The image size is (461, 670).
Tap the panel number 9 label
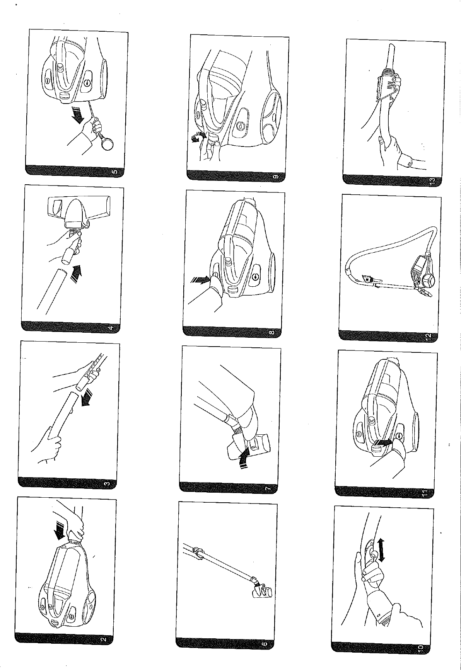pos(275,176)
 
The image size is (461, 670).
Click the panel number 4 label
pos(111,328)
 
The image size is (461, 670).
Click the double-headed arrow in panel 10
pos(382,551)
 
